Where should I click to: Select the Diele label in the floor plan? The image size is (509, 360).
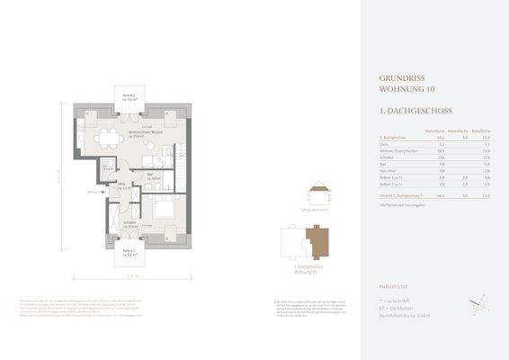tap(120, 186)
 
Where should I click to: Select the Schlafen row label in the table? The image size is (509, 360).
tap(388, 157)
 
